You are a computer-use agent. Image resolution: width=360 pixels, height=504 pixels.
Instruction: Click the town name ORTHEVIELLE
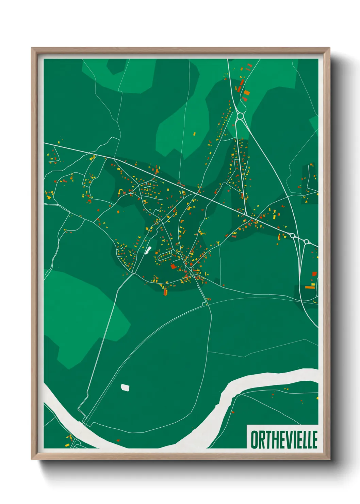[284, 439]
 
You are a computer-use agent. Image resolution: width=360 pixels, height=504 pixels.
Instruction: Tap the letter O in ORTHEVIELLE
[255, 439]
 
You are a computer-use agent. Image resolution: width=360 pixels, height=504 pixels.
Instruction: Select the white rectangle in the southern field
[125, 387]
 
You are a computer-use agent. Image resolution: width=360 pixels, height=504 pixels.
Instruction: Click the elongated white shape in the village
[148, 250]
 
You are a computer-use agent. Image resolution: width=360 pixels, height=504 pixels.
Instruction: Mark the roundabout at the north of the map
[240, 116]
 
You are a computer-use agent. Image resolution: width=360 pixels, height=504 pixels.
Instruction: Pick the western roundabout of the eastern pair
[293, 235]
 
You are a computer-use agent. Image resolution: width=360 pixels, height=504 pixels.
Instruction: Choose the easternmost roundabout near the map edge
[306, 242]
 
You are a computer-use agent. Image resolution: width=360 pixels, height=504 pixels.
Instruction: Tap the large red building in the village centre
[173, 266]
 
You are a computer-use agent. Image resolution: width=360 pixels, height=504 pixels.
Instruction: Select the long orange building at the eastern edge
[310, 287]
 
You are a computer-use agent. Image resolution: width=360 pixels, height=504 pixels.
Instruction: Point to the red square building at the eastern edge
[314, 274]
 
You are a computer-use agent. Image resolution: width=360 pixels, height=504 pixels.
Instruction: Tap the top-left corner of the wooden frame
[32, 48]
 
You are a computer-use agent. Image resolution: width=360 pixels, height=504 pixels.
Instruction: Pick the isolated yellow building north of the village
[195, 134]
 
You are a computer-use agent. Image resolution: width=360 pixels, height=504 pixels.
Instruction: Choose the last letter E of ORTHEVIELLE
[315, 439]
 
